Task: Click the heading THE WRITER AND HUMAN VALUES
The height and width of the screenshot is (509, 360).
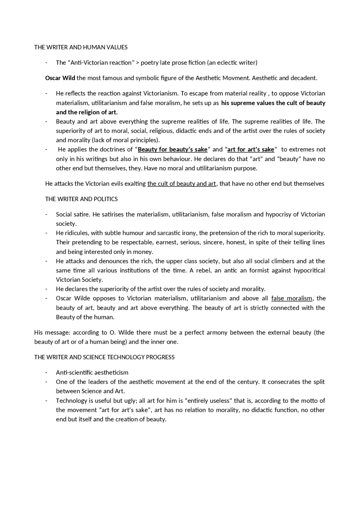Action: pyautogui.click(x=81, y=47)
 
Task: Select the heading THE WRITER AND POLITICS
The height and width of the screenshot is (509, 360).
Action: pyautogui.click(x=81, y=199)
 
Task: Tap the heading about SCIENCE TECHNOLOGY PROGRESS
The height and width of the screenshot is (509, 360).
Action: pyautogui.click(x=104, y=357)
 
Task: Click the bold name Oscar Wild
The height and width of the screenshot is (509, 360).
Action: pyautogui.click(x=60, y=78)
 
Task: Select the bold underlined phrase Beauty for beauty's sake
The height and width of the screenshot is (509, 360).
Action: pyautogui.click(x=172, y=150)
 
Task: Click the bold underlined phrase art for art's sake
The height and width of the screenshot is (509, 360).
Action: pyautogui.click(x=251, y=150)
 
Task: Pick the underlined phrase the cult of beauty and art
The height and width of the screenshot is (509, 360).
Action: pyautogui.click(x=181, y=184)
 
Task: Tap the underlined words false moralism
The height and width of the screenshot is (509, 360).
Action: pyautogui.click(x=292, y=298)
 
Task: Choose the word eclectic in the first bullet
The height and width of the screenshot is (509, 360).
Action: pyautogui.click(x=227, y=62)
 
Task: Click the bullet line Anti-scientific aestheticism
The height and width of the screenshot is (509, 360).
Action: pyautogui.click(x=92, y=373)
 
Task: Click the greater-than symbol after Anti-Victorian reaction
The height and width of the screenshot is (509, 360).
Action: pyautogui.click(x=138, y=62)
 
